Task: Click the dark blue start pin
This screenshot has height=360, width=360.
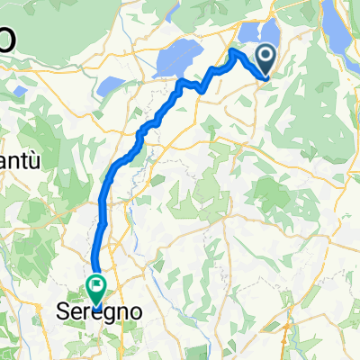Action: pyautogui.click(x=268, y=60)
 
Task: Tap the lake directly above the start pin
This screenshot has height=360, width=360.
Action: pyautogui.click(x=268, y=36)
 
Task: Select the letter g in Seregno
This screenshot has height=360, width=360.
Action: pyautogui.click(x=106, y=312)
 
